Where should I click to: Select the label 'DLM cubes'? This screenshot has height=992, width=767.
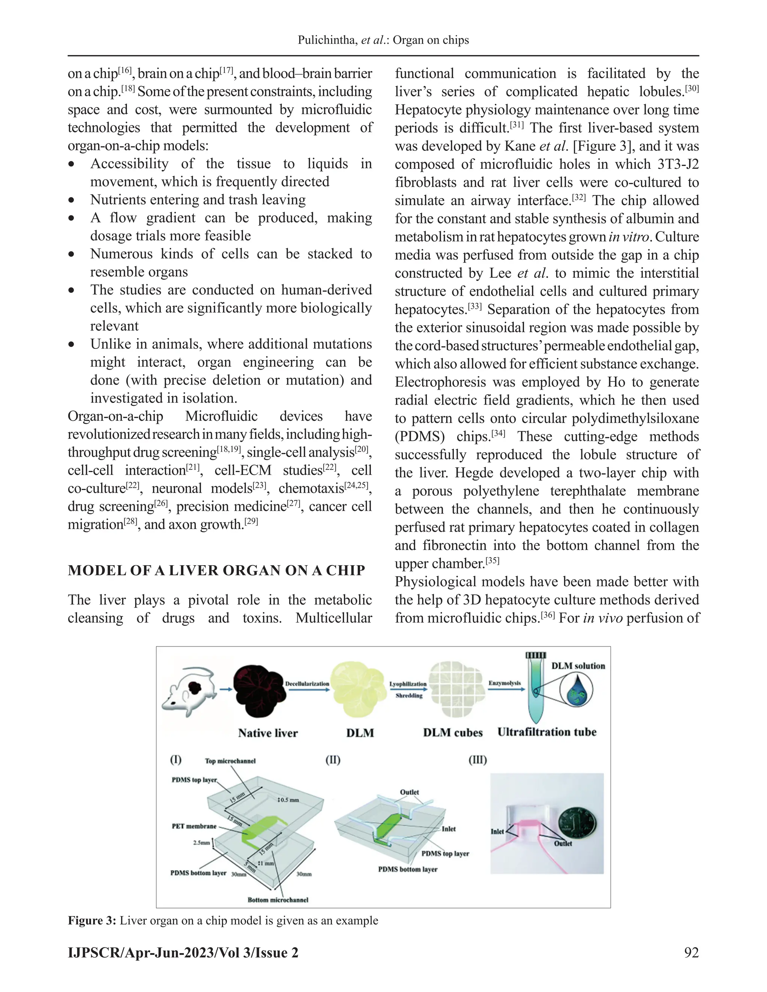click(x=452, y=733)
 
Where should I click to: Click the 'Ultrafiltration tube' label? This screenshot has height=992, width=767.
click(x=547, y=732)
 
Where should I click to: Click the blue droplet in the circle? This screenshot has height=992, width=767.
click(x=576, y=691)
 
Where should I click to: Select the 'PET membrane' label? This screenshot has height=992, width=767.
click(x=194, y=826)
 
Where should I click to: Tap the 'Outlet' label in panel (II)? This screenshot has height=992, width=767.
click(x=409, y=792)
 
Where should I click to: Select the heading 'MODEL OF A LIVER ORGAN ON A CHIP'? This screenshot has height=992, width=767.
click(x=216, y=570)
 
